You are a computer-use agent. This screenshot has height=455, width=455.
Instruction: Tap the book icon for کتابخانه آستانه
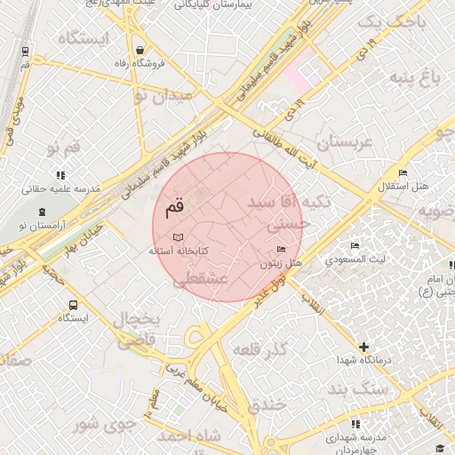(180, 237)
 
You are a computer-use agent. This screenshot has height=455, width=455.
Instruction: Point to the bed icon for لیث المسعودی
(355, 245)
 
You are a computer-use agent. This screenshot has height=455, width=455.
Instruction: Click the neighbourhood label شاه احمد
(188, 436)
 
